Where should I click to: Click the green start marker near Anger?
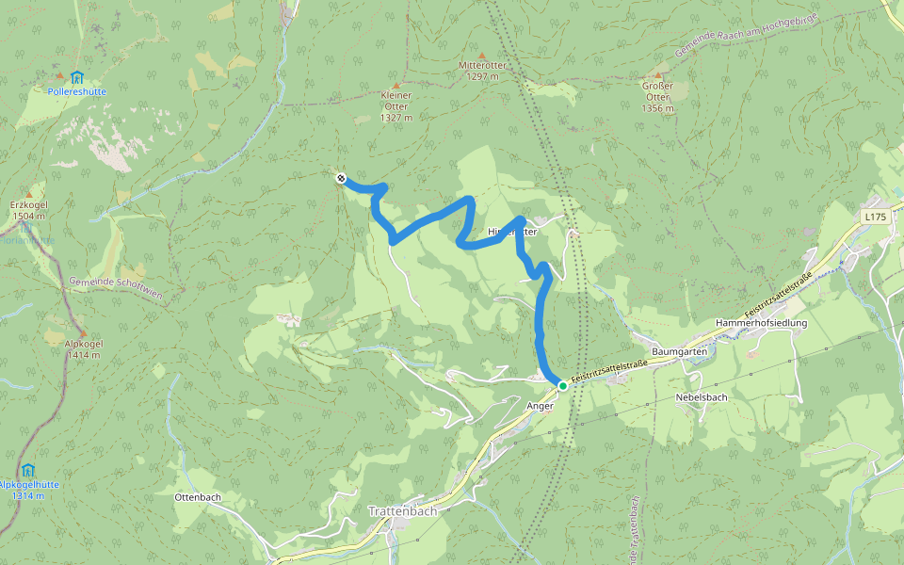tap(563, 385)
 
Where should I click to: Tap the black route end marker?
tap(341, 178)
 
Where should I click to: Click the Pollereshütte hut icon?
tap(76, 77)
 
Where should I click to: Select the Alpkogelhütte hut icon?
tap(28, 469)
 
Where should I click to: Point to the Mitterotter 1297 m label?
tap(482, 71)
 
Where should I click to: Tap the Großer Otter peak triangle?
tap(658, 74)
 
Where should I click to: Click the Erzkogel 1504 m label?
tap(29, 210)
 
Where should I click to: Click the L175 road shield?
tap(876, 217)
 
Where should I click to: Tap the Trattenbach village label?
tap(402, 511)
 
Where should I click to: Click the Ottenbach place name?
tap(198, 495)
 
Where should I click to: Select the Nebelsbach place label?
tap(702, 397)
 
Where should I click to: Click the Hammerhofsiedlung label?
tap(761, 323)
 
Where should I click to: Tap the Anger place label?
tap(541, 406)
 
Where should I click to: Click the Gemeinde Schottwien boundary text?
tap(116, 288)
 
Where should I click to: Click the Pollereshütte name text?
tap(76, 91)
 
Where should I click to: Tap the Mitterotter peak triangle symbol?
tap(482, 56)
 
